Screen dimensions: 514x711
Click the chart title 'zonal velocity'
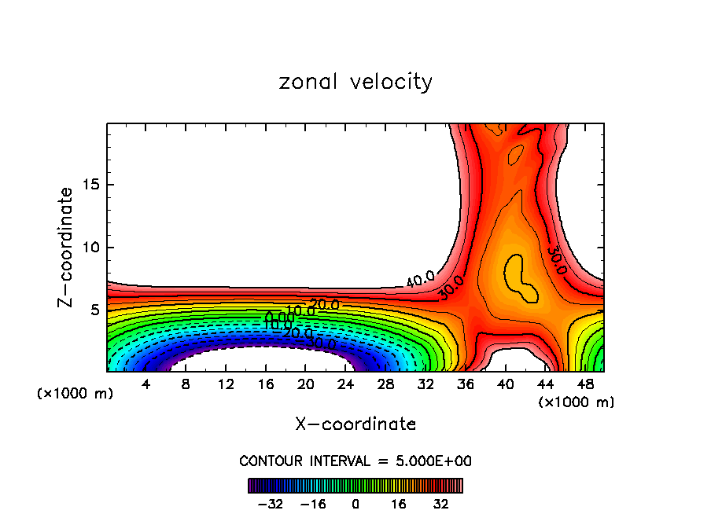355,82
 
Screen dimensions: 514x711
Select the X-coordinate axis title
355,424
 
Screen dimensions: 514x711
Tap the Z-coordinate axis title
67,247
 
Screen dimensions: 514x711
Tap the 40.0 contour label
420,278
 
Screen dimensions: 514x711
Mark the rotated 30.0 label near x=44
556,259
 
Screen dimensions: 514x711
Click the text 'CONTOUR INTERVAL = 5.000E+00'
355,461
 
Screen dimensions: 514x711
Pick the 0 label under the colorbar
355,504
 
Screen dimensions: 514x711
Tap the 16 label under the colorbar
399,504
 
